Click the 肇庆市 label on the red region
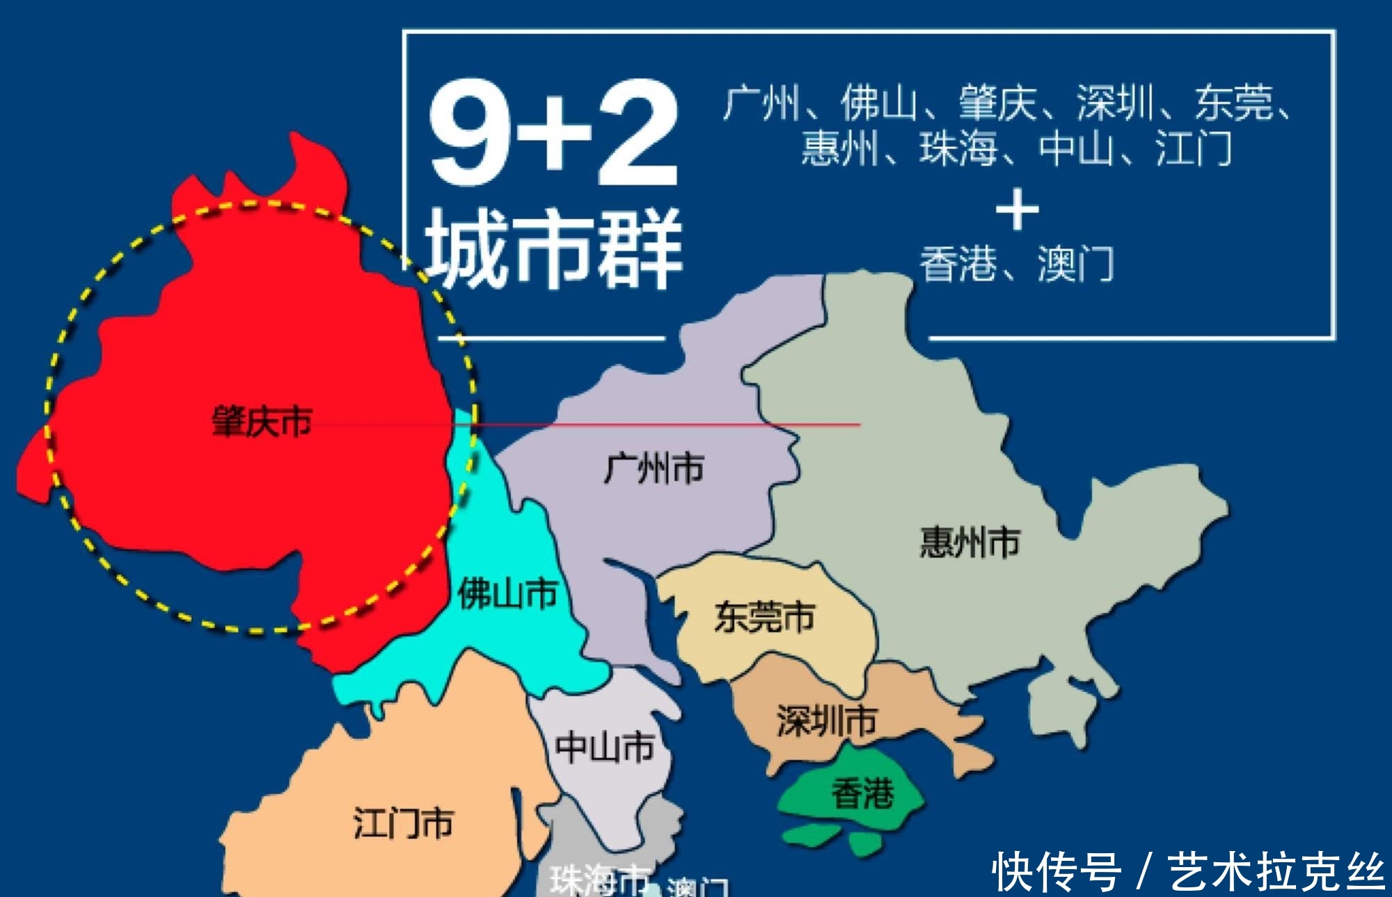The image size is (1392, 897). pos(262,422)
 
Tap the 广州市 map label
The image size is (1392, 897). pos(654,468)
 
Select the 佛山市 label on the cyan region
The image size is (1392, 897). pos(507,594)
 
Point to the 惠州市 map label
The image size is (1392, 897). pos(970,542)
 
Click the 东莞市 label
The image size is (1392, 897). pos(764,617)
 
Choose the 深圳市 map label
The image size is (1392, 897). pos(826,720)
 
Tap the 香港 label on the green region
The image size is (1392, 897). pos(862,793)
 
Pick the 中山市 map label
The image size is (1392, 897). pos(605,747)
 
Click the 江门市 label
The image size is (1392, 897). pos(403,823)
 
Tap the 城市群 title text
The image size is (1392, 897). pos(553,248)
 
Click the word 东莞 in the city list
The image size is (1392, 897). pos(1234,103)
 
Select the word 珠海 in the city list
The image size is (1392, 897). pos(958,148)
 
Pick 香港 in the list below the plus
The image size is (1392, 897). pos(958,264)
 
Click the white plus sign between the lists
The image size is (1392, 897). pos(1017,209)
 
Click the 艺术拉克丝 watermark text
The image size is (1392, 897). pos(1275,872)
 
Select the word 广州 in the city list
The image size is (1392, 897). pos(761,103)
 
